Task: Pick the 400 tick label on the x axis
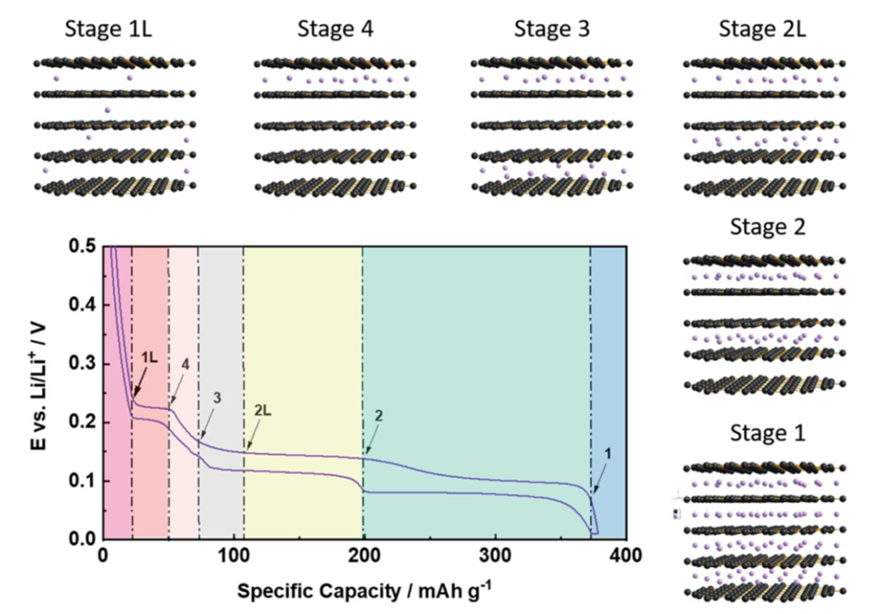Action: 625,556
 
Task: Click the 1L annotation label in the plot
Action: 149,357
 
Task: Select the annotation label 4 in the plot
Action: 186,365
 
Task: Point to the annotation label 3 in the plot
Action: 218,398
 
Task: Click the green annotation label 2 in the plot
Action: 378,415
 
